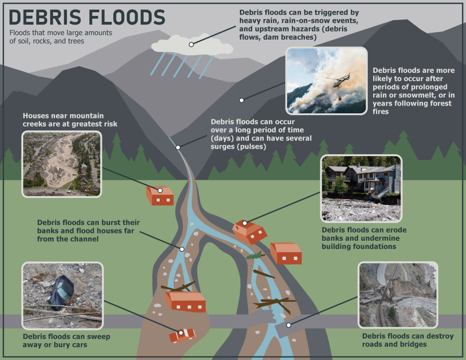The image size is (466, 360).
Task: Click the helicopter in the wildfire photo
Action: [339, 82]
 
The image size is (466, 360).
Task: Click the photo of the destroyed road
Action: [398, 294]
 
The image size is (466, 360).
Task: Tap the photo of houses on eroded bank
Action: [361, 188]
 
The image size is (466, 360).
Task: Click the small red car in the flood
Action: [182, 335]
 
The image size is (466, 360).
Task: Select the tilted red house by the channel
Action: [249, 231]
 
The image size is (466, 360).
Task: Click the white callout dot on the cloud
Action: [192, 45]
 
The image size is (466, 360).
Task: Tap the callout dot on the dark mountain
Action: [242, 100]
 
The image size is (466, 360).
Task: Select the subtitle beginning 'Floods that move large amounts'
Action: [61, 37]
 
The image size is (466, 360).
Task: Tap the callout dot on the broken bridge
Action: [289, 325]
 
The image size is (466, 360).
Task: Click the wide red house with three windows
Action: [185, 302]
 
